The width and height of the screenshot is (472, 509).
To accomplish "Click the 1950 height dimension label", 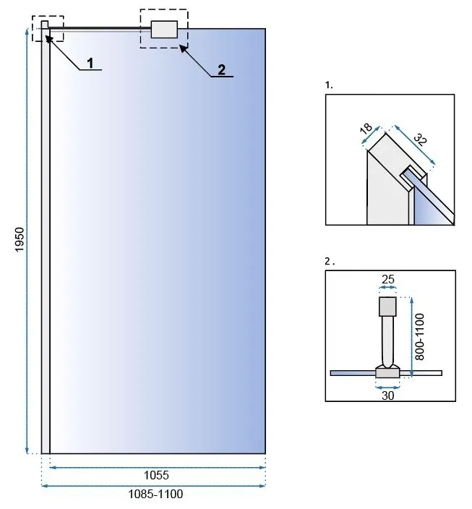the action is click(x=20, y=239).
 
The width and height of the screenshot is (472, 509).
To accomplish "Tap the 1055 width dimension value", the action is click(x=156, y=475).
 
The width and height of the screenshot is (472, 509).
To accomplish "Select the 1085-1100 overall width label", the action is click(x=156, y=494).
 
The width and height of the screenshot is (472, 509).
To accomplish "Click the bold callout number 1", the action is click(x=90, y=63).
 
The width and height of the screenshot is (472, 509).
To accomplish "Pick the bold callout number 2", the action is click(x=222, y=70).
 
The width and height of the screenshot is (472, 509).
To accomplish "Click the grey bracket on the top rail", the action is click(x=164, y=30).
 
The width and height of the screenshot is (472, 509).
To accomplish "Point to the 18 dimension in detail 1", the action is click(x=366, y=129).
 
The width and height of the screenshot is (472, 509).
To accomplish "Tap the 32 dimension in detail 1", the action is click(x=421, y=140).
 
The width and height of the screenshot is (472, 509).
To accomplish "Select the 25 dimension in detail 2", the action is click(x=388, y=279).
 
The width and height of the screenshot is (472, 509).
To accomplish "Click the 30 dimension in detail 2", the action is click(x=388, y=395).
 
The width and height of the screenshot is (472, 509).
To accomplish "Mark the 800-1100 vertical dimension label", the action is click(x=420, y=337).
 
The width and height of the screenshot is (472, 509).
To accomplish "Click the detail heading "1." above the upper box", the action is click(x=329, y=85).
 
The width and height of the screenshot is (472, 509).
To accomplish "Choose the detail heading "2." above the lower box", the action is click(x=330, y=261).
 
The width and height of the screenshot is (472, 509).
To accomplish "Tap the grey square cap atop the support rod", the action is click(x=387, y=307).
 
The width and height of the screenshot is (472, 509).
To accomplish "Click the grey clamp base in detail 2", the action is click(x=387, y=372).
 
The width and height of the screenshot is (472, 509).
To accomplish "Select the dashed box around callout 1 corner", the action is click(x=48, y=29).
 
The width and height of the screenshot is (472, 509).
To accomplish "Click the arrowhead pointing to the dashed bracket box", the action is click(x=183, y=48).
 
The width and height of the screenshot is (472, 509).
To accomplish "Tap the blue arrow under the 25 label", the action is click(x=388, y=288).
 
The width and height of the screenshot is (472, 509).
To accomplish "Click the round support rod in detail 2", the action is click(x=387, y=341).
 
